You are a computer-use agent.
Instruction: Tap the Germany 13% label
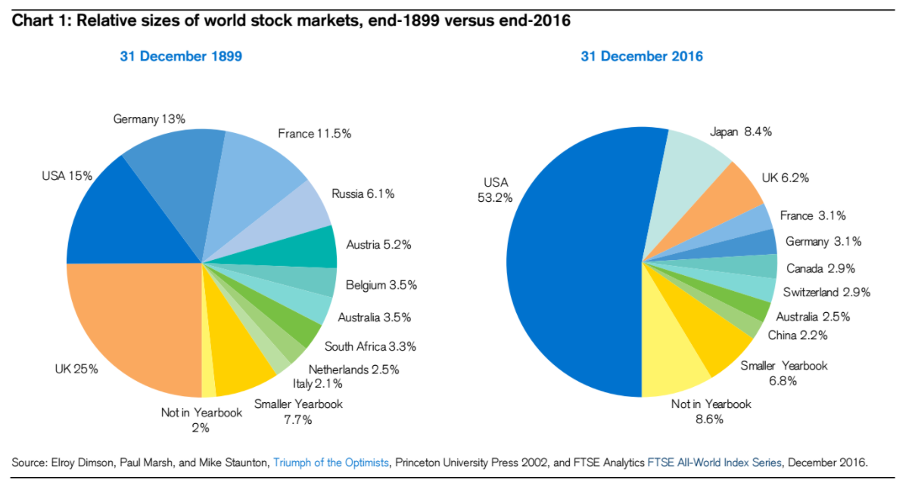pyautogui.click(x=149, y=119)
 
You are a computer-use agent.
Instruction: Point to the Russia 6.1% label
pyautogui.click(x=363, y=194)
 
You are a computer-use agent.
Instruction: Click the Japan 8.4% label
pyautogui.click(x=740, y=132)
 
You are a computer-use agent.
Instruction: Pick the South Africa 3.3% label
pyautogui.click(x=370, y=347)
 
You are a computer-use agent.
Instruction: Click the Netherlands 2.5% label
pyautogui.click(x=353, y=370)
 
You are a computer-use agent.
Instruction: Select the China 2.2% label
pyautogui.click(x=797, y=335)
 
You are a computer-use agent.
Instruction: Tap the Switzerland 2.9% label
pyautogui.click(x=826, y=292)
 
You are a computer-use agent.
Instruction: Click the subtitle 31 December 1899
pyautogui.click(x=181, y=56)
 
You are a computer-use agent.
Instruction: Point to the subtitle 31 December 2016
pyautogui.click(x=642, y=56)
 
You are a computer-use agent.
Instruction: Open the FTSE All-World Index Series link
pyautogui.click(x=714, y=462)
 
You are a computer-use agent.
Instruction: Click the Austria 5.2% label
pyautogui.click(x=378, y=245)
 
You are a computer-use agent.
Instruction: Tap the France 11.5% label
pyautogui.click(x=314, y=134)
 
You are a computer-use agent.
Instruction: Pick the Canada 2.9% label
pyautogui.click(x=820, y=268)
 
